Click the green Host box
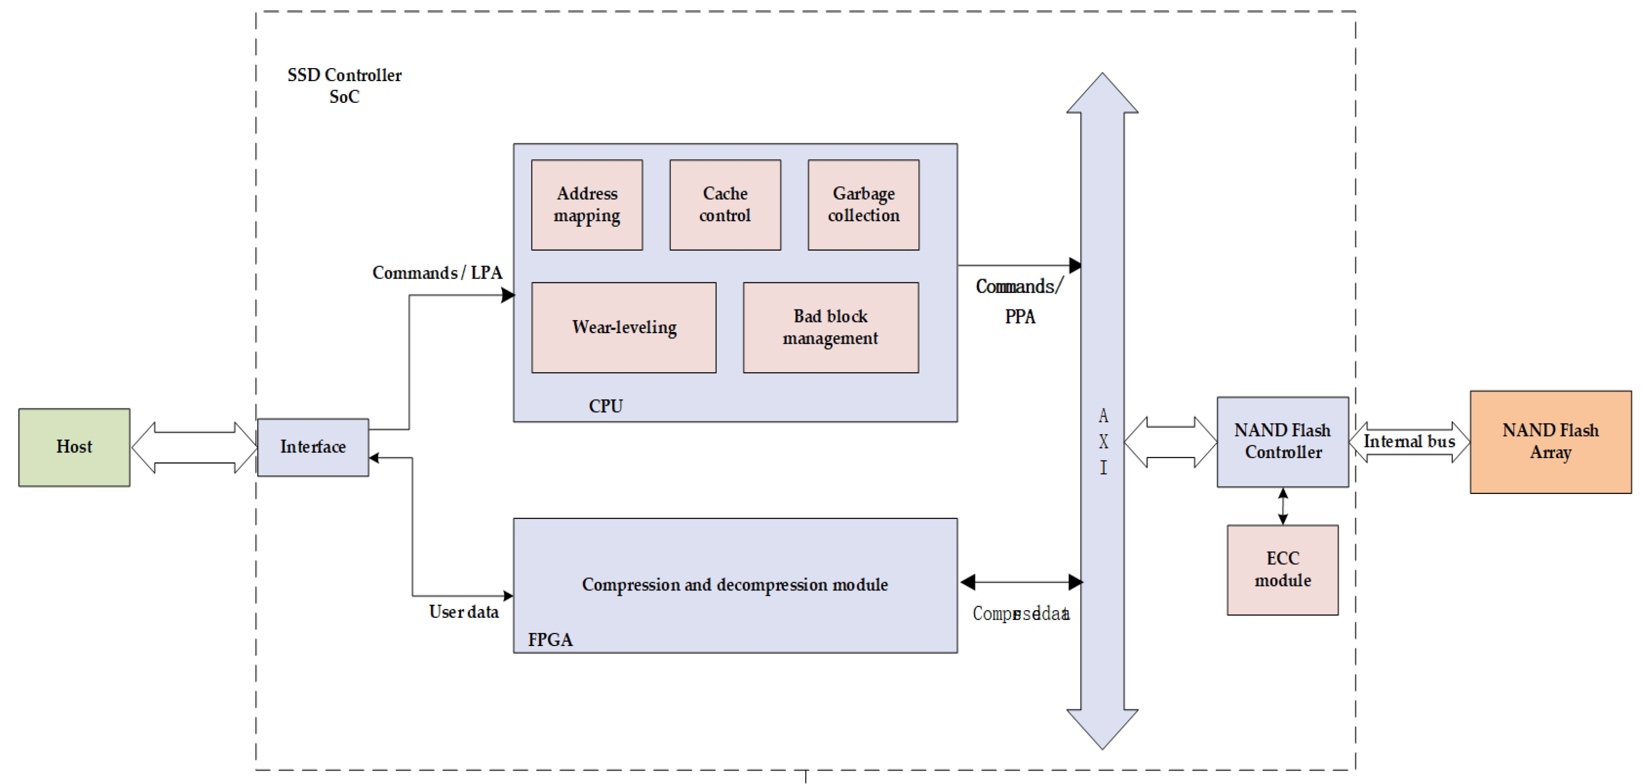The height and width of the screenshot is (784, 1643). pos(74,447)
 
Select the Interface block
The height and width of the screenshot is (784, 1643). pos(313,447)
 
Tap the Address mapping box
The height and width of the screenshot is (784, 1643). pos(587,205)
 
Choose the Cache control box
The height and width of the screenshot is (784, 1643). pos(724,205)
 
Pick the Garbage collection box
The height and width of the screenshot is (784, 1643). pos(863,205)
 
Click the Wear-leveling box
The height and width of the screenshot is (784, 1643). pos(624,327)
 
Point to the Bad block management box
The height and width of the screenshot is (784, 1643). pos(830,327)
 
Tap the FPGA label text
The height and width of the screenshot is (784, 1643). pos(550,640)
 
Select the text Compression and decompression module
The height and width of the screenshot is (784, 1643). pos(735,584)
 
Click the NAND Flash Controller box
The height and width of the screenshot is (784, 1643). pos(1282,441)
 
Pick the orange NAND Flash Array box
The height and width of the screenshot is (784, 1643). pos(1550,441)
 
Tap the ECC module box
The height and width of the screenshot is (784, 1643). pos(1282,570)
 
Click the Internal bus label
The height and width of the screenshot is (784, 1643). pos(1409,441)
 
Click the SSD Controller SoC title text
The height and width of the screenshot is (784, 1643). pos(345,85)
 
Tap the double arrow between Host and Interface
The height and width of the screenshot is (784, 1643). pos(194,447)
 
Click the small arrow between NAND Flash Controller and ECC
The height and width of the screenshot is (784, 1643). pos(1282,506)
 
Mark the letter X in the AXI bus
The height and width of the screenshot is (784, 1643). pos(1103,441)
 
